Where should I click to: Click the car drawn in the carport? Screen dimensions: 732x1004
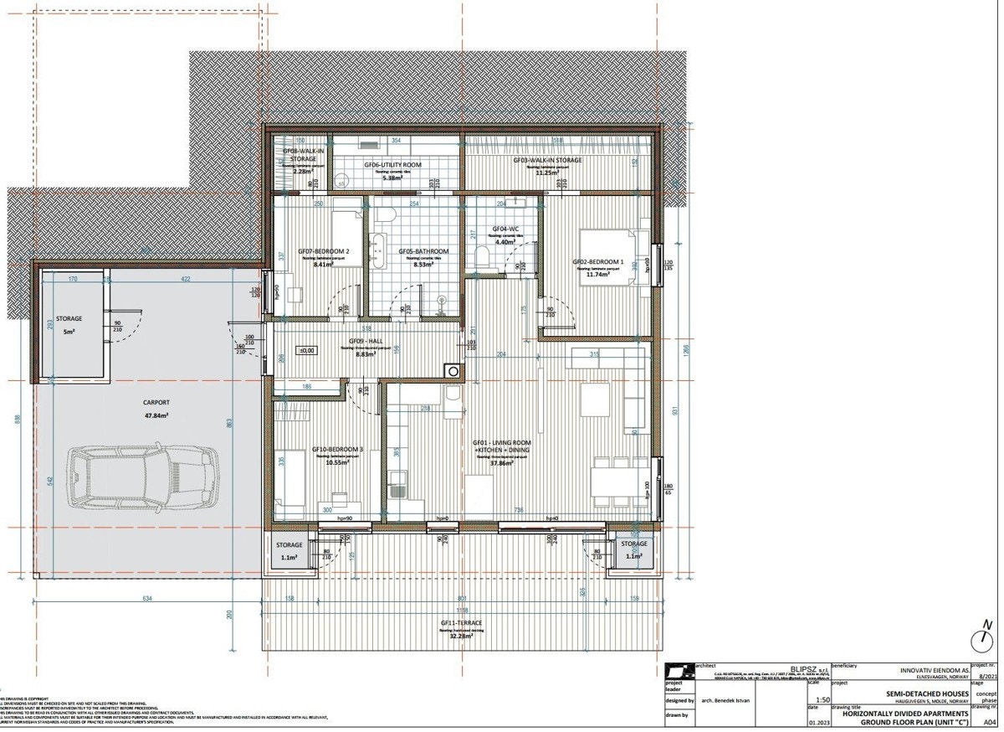142,478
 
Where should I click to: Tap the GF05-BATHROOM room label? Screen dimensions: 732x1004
423,251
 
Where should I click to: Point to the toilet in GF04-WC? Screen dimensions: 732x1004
482,256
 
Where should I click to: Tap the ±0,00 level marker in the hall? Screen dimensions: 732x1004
306,351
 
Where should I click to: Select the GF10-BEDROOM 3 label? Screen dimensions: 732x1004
337,450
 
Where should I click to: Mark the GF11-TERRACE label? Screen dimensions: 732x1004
461,623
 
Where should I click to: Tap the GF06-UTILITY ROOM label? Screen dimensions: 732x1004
392,165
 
